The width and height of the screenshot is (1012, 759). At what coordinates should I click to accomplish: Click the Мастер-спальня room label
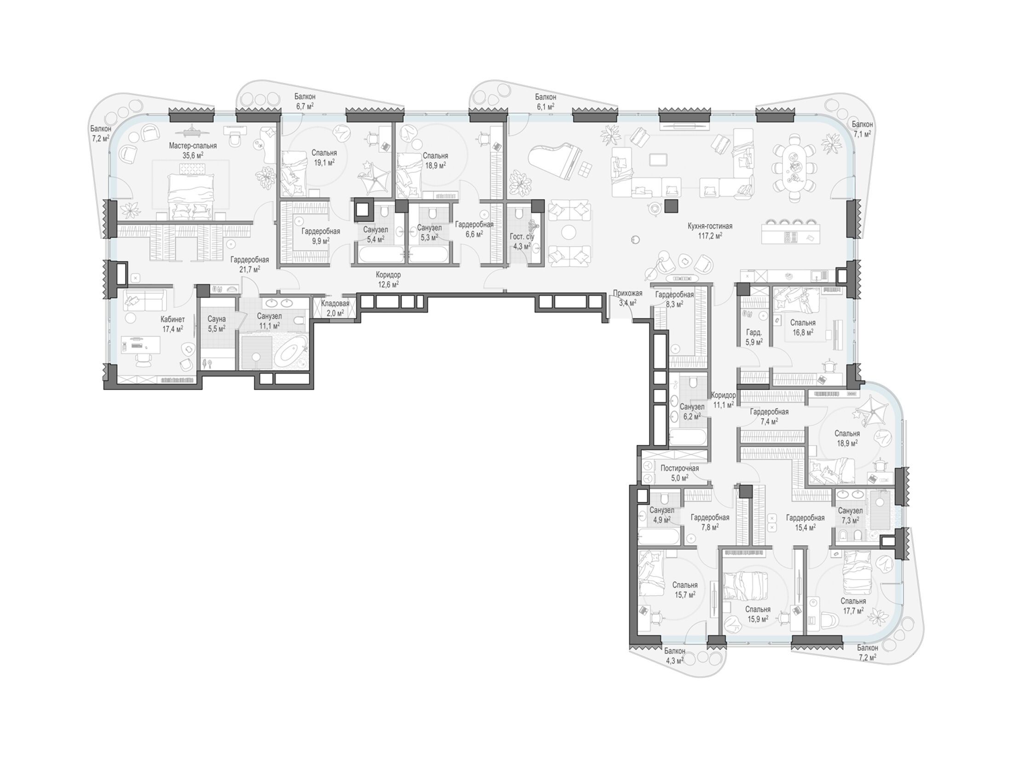(193, 146)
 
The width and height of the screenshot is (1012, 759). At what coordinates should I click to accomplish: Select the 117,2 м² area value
(710, 235)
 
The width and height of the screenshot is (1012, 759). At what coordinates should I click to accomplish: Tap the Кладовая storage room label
(335, 304)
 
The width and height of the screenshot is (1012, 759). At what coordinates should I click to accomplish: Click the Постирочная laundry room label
(679, 468)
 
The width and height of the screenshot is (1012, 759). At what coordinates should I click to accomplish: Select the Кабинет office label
(172, 319)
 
